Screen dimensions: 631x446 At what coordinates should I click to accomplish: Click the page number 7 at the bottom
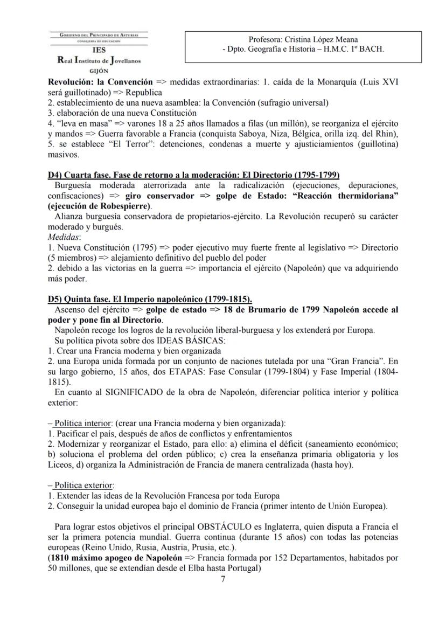point(223,579)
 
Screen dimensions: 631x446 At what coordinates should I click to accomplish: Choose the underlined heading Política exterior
point(81,484)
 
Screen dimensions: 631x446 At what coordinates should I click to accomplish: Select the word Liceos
point(61,464)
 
